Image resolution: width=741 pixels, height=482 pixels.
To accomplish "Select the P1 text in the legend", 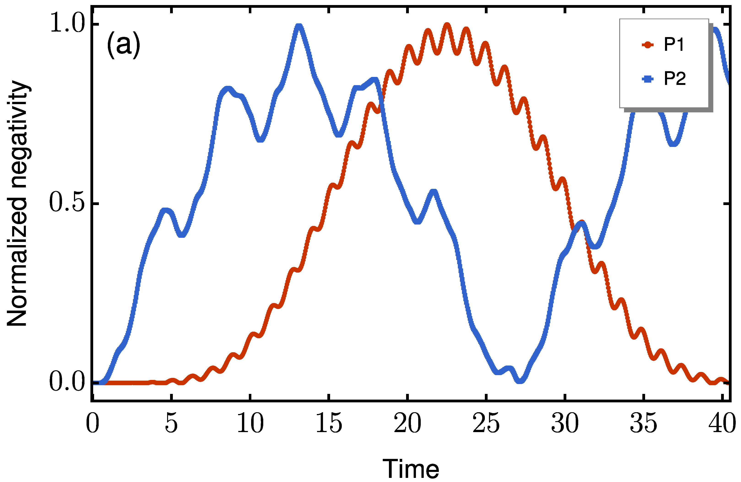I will tap(674, 45).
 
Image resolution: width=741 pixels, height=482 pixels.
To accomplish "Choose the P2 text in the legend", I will tap(675, 79).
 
